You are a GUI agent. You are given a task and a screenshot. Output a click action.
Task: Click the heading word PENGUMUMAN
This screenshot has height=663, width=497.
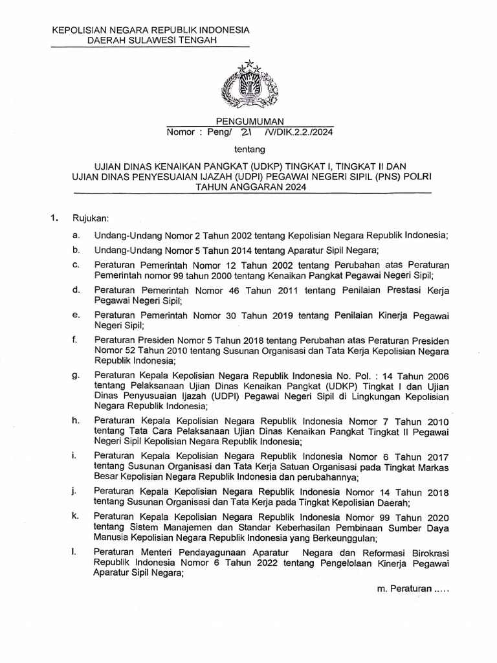pos(250,120)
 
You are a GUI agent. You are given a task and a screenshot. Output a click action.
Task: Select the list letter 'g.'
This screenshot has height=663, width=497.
pos(77,374)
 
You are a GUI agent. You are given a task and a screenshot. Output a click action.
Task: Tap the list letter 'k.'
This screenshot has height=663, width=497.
pos(77,515)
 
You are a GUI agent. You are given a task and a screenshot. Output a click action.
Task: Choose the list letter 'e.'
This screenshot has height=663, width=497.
pos(77,315)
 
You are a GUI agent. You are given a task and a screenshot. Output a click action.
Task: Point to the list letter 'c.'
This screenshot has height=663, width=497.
pos(77,264)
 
